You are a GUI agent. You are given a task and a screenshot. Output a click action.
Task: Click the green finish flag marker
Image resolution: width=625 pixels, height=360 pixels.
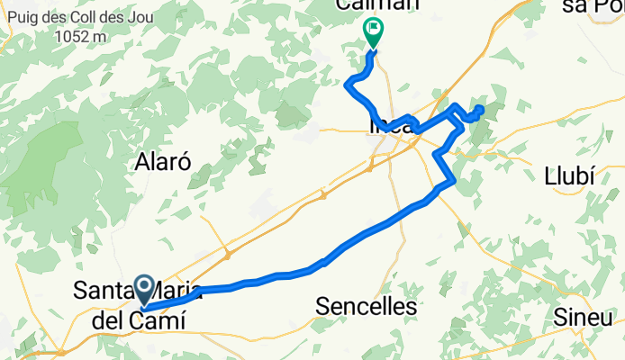click(372, 32)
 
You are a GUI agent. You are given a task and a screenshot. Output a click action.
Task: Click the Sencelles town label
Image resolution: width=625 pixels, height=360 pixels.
click(367, 306)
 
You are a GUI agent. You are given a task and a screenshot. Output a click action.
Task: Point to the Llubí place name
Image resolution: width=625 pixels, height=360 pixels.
click(569, 175)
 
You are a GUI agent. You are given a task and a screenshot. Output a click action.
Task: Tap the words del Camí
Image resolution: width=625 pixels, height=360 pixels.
click(131, 319)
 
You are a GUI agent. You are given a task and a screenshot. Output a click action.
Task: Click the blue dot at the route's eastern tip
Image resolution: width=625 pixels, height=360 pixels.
click(479, 110)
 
